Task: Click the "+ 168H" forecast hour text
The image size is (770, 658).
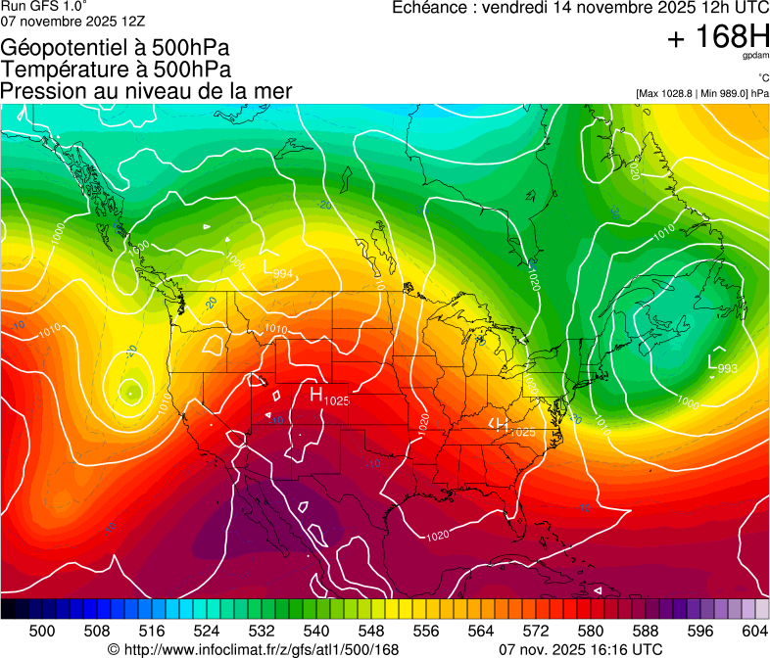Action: (x=718, y=37)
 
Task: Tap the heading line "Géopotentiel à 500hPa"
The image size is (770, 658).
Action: (x=116, y=48)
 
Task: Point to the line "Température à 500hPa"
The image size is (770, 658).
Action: (x=116, y=70)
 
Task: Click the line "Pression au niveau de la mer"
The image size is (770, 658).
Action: (x=146, y=91)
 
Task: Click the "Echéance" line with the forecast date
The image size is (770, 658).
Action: (x=580, y=8)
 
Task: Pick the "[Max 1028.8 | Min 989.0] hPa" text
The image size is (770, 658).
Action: (x=701, y=93)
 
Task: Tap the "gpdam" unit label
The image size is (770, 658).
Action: (x=755, y=57)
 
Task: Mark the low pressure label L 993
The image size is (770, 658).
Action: (x=722, y=364)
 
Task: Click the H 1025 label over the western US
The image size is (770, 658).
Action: (x=329, y=397)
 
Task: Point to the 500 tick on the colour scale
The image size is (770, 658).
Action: (x=42, y=630)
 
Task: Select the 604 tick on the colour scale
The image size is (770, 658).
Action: (x=754, y=630)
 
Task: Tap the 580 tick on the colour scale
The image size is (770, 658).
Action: (x=590, y=630)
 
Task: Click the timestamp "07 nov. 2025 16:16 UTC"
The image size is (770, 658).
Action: (x=580, y=649)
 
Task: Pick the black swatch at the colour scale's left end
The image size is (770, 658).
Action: (x=8, y=609)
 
